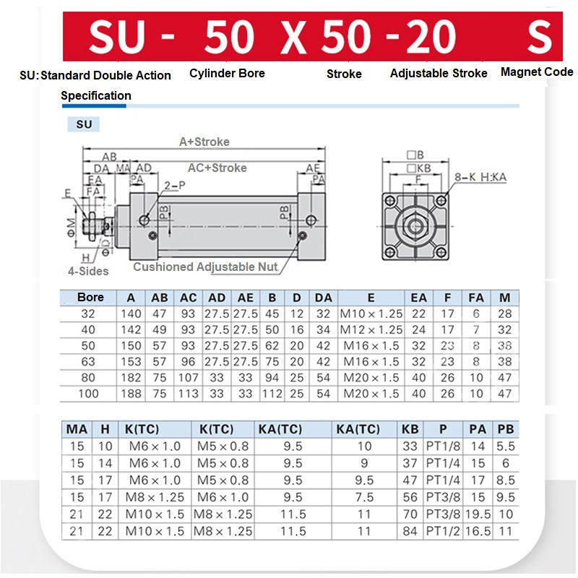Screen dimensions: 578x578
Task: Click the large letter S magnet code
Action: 539,37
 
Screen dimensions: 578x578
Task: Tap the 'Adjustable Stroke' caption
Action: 439,73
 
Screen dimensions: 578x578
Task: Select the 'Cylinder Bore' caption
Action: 227,73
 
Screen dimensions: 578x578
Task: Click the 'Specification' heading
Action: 96,95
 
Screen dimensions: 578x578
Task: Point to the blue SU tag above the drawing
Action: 84,124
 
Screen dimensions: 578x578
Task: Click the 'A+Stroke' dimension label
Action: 204,142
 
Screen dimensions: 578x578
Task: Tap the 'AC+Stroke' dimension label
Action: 217,168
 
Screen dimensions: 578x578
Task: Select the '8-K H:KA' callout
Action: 480,177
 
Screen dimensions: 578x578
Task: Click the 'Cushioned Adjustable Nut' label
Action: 205,267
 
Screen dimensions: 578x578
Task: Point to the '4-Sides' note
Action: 88,271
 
